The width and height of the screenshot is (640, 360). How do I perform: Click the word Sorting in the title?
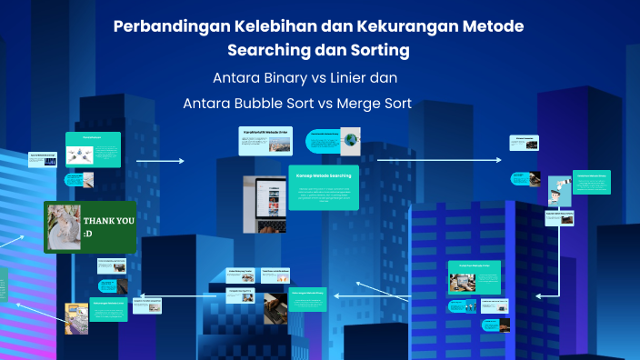(x=375, y=48)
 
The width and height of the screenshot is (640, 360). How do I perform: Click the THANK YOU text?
(x=108, y=221)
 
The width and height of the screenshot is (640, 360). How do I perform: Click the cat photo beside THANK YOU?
(x=64, y=227)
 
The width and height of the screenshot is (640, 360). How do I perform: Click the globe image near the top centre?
(x=351, y=140)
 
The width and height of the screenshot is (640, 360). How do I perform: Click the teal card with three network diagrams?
(x=93, y=150)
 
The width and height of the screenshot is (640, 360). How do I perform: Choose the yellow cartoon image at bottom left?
(x=77, y=315)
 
